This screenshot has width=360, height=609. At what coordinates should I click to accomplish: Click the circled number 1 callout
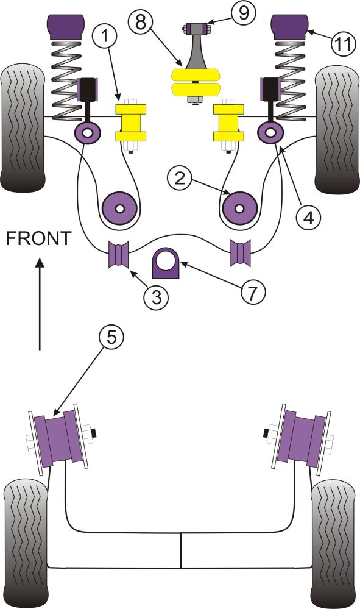tap(104, 37)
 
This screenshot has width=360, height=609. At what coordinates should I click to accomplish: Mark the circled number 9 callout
tap(242, 12)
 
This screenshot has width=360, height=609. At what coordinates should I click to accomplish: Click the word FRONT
tap(38, 238)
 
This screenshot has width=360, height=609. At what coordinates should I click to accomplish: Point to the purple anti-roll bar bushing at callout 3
tap(118, 254)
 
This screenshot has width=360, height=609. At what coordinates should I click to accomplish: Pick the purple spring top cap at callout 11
tap(290, 27)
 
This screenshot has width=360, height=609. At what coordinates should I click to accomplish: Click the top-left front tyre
tap(24, 128)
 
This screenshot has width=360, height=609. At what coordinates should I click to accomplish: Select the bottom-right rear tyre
tap(333, 536)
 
